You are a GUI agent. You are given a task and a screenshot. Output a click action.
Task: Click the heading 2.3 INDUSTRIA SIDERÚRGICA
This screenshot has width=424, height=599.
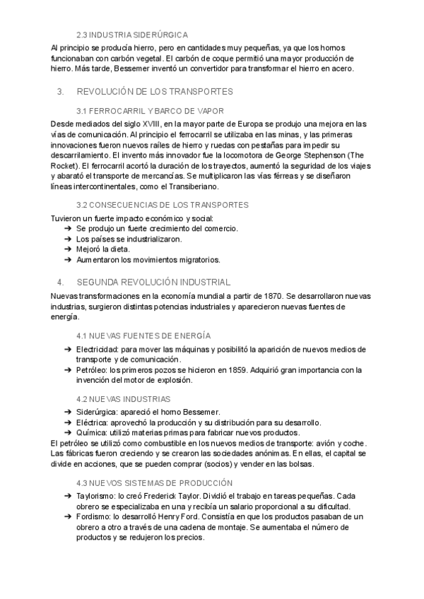(x=132, y=34)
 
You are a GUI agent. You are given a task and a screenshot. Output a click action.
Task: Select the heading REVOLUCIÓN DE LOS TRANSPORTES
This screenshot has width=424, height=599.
(x=155, y=92)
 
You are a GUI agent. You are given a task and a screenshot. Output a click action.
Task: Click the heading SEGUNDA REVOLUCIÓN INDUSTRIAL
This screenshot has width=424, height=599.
(x=153, y=281)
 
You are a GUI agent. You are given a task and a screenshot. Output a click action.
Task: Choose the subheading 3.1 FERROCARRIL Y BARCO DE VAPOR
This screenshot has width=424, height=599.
(x=150, y=111)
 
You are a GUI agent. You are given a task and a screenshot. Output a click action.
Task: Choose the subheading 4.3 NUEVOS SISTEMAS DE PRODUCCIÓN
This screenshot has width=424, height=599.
(x=153, y=483)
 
